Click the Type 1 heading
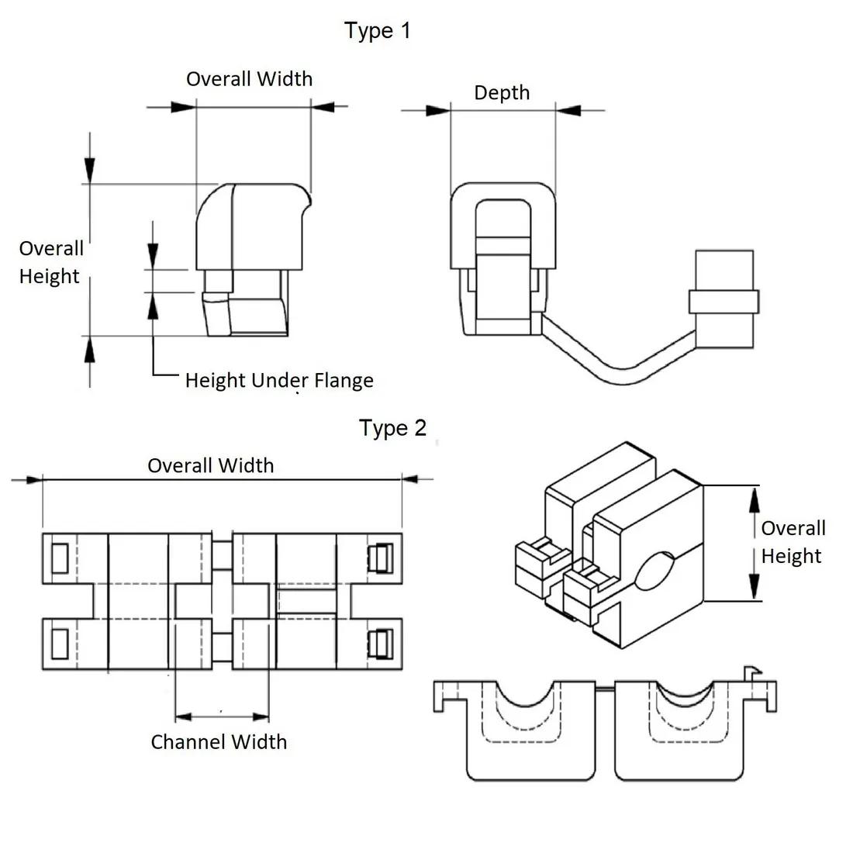click(377, 31)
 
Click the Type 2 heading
click(392, 428)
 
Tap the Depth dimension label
click(502, 93)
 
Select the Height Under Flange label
click(279, 380)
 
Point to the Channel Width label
click(219, 742)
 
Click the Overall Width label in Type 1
click(249, 79)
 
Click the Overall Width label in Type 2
click(210, 466)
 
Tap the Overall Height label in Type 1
click(50, 262)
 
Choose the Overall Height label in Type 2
click(793, 542)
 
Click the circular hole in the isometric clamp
click(655, 571)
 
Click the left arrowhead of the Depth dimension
click(438, 110)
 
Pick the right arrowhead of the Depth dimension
click(568, 110)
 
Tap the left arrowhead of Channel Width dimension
click(183, 717)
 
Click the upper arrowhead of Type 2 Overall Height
click(754, 500)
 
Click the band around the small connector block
click(723, 302)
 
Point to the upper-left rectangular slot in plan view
click(60, 558)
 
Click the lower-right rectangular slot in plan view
click(381, 644)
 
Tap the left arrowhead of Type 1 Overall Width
click(183, 107)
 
